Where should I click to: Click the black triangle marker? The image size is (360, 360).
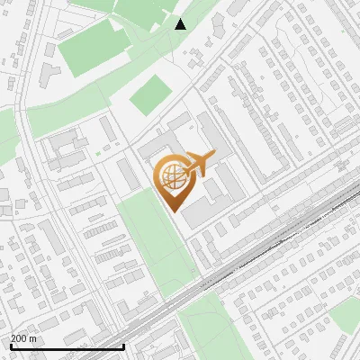point(181,23)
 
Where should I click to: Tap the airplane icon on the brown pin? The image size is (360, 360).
point(199,163)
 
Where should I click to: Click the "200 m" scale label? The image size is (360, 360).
point(23,338)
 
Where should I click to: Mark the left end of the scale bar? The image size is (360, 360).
point(11,346)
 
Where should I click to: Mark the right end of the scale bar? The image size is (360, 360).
point(123,346)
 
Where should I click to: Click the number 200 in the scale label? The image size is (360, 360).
point(19,338)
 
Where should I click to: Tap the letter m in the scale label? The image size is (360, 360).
point(33,338)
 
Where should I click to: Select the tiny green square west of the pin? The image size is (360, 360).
point(98,154)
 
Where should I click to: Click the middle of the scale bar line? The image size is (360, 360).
point(67,346)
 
